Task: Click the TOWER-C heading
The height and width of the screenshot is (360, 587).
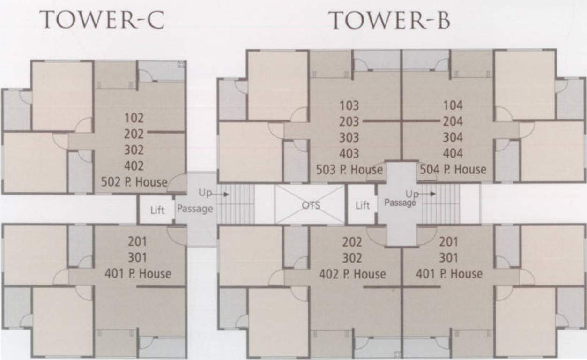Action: click(x=102, y=21)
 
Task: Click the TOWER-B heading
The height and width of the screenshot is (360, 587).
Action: click(x=389, y=21)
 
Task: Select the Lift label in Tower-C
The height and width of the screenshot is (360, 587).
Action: click(x=157, y=210)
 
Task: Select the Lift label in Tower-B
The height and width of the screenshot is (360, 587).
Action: click(x=363, y=205)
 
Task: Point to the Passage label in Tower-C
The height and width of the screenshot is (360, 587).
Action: click(x=195, y=209)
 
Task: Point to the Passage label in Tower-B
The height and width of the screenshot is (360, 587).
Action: click(x=400, y=202)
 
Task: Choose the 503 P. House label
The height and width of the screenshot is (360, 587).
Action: click(x=349, y=169)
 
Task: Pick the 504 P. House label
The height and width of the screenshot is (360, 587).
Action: click(x=453, y=169)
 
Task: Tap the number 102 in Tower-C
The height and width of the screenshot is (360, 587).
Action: click(x=134, y=118)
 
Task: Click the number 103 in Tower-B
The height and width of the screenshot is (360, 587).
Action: click(x=349, y=105)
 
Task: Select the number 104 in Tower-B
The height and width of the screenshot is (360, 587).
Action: click(x=453, y=105)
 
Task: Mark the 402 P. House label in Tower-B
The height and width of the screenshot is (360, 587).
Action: click(x=352, y=274)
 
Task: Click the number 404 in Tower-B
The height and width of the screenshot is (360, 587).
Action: click(x=453, y=153)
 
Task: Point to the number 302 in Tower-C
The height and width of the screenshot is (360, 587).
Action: click(x=134, y=150)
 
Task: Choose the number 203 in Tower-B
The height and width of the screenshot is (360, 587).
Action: click(x=349, y=121)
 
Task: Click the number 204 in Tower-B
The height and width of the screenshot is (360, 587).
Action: click(x=453, y=121)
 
